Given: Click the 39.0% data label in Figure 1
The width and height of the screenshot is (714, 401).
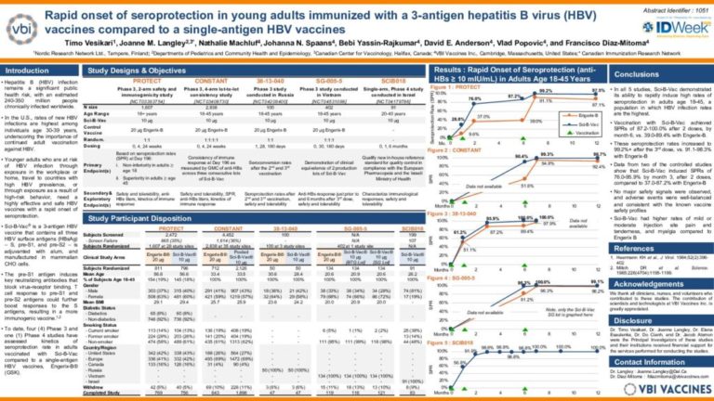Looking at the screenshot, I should click(x=535, y=121).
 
